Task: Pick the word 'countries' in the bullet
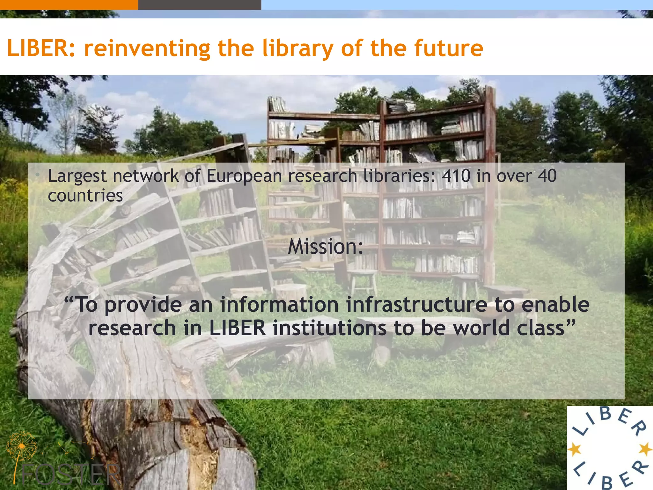point(85,195)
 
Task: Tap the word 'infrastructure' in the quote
point(416,304)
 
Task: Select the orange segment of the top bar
point(69,5)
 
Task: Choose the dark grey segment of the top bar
point(199,5)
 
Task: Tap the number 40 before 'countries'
point(547,176)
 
